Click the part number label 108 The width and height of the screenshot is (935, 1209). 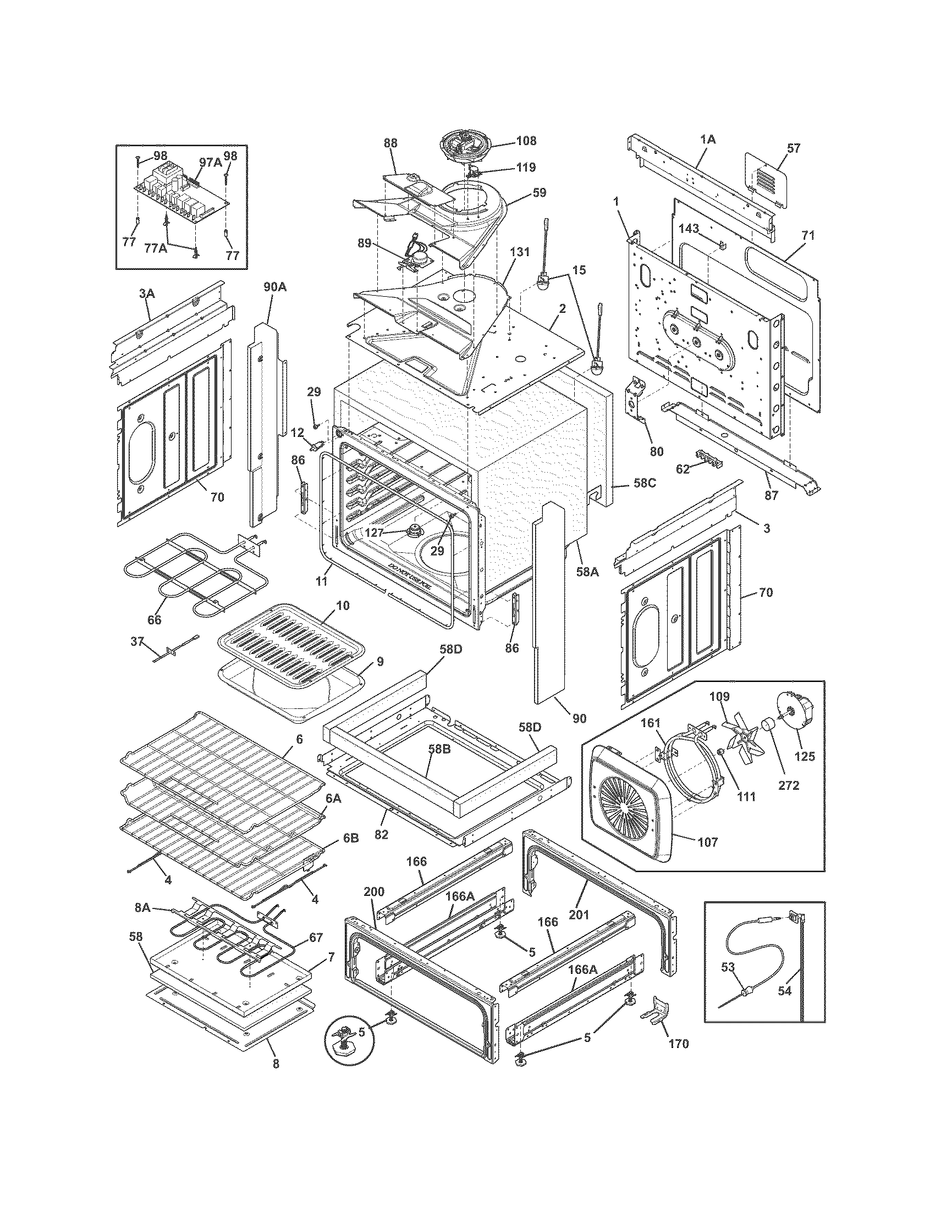[526, 141]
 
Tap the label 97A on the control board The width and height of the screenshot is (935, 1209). [210, 162]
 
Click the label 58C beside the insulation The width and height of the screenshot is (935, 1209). [645, 483]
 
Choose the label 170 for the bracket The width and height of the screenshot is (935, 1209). [679, 1044]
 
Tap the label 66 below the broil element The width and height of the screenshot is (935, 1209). [155, 620]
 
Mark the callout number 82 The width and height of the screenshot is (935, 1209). [382, 835]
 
